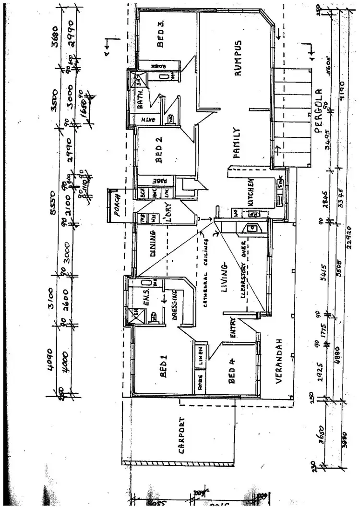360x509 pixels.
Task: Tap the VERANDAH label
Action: click(278, 360)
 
